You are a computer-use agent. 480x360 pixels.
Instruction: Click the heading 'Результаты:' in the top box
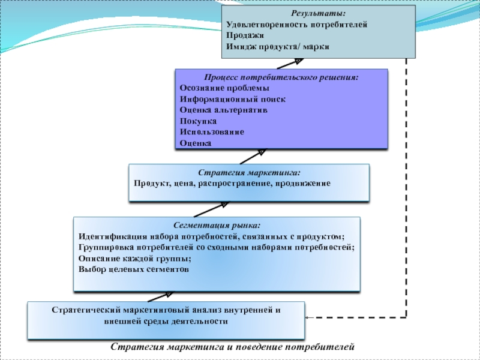tap(319, 13)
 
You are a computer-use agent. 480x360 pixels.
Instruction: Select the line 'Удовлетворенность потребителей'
tap(296, 25)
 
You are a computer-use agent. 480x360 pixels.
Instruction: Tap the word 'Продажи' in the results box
tap(241, 35)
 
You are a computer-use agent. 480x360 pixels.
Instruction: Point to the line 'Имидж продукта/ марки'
tap(278, 46)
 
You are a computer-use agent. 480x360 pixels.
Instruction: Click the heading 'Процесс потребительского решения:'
tap(281, 78)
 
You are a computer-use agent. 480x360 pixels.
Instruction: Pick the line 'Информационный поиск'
tap(233, 100)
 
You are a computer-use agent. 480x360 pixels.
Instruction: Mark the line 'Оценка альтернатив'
tap(223, 110)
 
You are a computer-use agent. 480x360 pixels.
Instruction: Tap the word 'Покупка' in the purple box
tap(197, 121)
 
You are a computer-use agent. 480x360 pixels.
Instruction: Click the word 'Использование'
tap(212, 132)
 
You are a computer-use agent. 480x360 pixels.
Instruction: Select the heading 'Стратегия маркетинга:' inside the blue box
tap(249, 172)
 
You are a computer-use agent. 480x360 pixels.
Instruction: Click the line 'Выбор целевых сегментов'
tap(134, 269)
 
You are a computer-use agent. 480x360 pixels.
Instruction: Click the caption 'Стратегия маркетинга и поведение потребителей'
tap(233, 347)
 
